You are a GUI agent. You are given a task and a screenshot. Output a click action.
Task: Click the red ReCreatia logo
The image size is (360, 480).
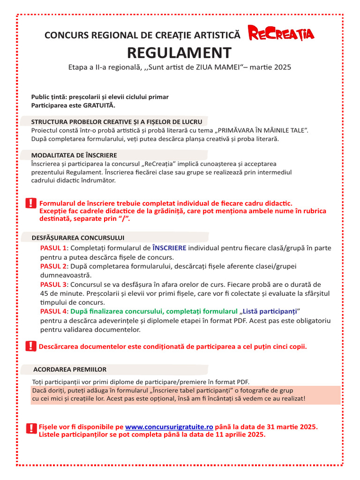[x=281, y=33]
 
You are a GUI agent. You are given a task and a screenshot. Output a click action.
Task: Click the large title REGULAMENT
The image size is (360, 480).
[x=180, y=52]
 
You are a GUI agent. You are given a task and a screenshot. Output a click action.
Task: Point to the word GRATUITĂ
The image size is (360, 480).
[x=99, y=105]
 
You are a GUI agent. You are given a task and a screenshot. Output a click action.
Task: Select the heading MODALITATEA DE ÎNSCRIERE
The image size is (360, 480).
[x=74, y=155]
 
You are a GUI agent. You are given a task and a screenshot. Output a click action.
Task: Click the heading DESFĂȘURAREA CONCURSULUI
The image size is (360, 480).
[x=78, y=238]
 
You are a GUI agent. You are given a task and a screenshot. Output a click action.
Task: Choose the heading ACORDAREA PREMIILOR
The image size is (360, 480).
[x=70, y=369]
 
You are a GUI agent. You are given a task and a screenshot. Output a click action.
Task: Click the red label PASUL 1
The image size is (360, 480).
[x=54, y=248]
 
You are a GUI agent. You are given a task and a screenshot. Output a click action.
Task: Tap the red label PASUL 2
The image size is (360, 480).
[x=54, y=266]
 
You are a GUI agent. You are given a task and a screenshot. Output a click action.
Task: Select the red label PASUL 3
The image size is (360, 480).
[x=54, y=285]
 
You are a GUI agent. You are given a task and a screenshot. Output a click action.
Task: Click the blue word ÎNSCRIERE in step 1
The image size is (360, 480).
[x=169, y=248]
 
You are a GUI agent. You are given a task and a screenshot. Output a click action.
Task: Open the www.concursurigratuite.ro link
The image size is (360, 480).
[x=169, y=427]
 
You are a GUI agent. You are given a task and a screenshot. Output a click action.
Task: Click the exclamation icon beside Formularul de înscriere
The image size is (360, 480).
[x=31, y=203]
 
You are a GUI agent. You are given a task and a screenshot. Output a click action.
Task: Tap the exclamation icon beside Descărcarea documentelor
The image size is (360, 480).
[x=31, y=346]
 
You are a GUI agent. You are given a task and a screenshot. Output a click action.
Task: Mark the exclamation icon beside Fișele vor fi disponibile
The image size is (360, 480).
[x=31, y=428]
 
